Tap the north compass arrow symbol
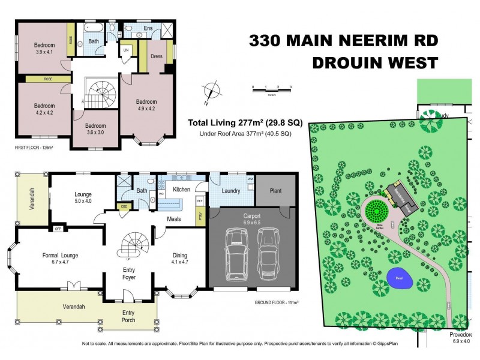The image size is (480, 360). (x=209, y=91)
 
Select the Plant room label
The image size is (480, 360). (x=275, y=191)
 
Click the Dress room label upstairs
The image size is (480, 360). (x=157, y=56)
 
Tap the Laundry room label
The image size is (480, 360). (x=231, y=191)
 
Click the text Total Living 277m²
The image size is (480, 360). (x=245, y=122)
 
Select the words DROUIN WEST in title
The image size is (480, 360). (x=374, y=62)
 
